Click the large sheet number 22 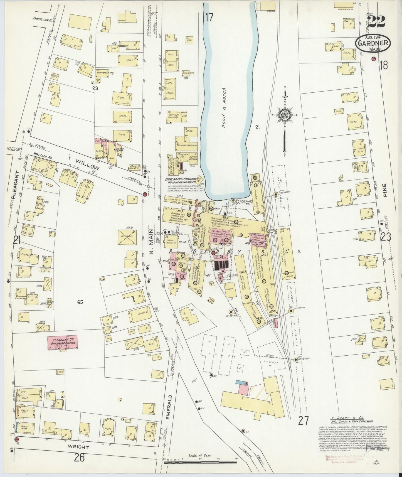click(x=376, y=22)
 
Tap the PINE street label click(x=385, y=192)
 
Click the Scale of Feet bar click(x=200, y=463)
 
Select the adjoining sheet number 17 click(x=209, y=17)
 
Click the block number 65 click(x=80, y=302)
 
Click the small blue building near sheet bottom click(x=240, y=383)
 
